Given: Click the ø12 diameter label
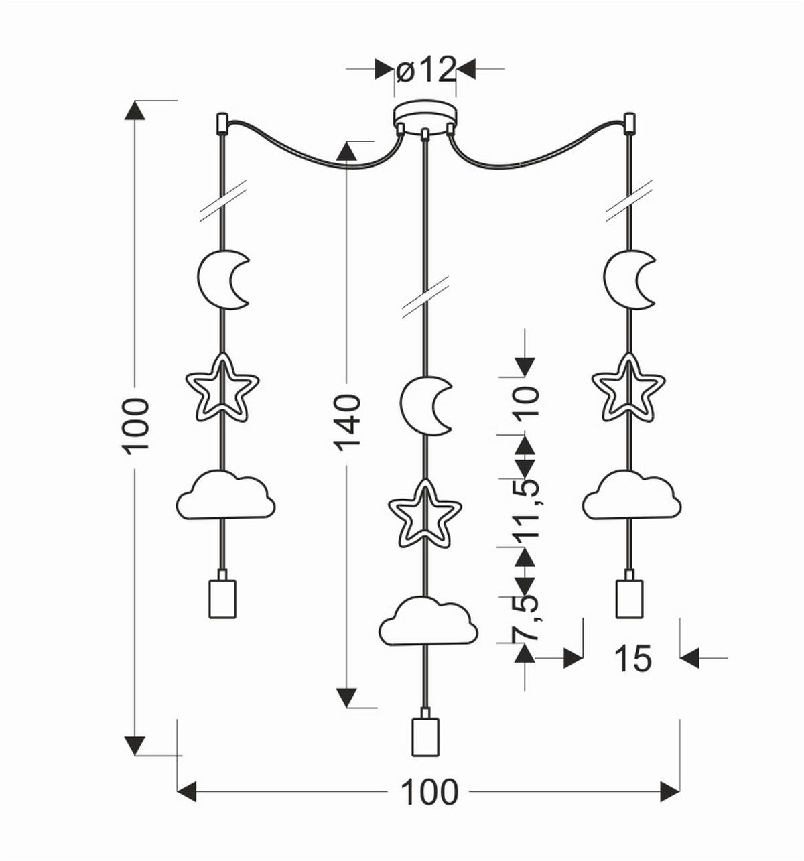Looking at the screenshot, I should coord(426,70).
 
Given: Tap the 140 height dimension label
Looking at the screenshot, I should coord(348,422).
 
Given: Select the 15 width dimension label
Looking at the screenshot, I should coord(632,659).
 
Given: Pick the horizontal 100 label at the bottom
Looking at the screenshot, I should coord(429,793).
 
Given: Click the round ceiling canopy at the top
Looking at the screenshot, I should coord(425,117).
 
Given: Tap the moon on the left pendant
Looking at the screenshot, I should coord(223,279).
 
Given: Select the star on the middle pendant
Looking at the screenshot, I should coord(425,512).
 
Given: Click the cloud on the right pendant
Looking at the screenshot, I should coord(630,495).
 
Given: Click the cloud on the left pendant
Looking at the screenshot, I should coord(225,495).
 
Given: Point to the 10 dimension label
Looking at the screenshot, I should coord(527,402).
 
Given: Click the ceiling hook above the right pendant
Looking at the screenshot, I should coord(628,123).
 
